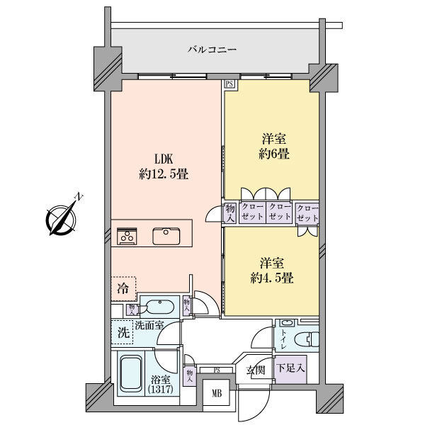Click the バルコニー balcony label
(x=212, y=50)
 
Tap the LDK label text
(x=164, y=159)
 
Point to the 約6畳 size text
(x=274, y=154)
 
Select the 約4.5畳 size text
(x=272, y=278)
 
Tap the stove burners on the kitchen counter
(x=127, y=236)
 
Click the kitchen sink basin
(x=166, y=236)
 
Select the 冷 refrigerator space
(x=123, y=289)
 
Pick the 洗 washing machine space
(x=123, y=332)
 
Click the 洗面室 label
(x=149, y=325)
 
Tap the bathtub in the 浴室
(x=131, y=374)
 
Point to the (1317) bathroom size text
(x=161, y=390)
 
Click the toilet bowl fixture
(x=306, y=339)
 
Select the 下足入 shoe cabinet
(x=290, y=369)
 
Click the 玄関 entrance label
(x=256, y=370)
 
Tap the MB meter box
(x=217, y=392)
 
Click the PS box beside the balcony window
(x=229, y=84)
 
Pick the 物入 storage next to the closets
(x=230, y=214)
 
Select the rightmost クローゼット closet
(x=307, y=213)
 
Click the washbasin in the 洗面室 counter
(x=160, y=307)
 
